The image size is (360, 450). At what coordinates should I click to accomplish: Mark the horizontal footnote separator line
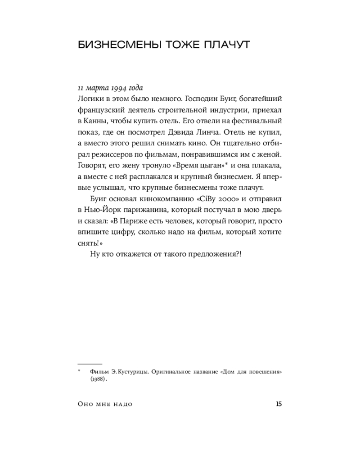(x=90, y=363)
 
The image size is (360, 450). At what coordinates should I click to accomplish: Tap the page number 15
(x=278, y=404)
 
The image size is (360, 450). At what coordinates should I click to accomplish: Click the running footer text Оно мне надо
(x=105, y=405)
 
